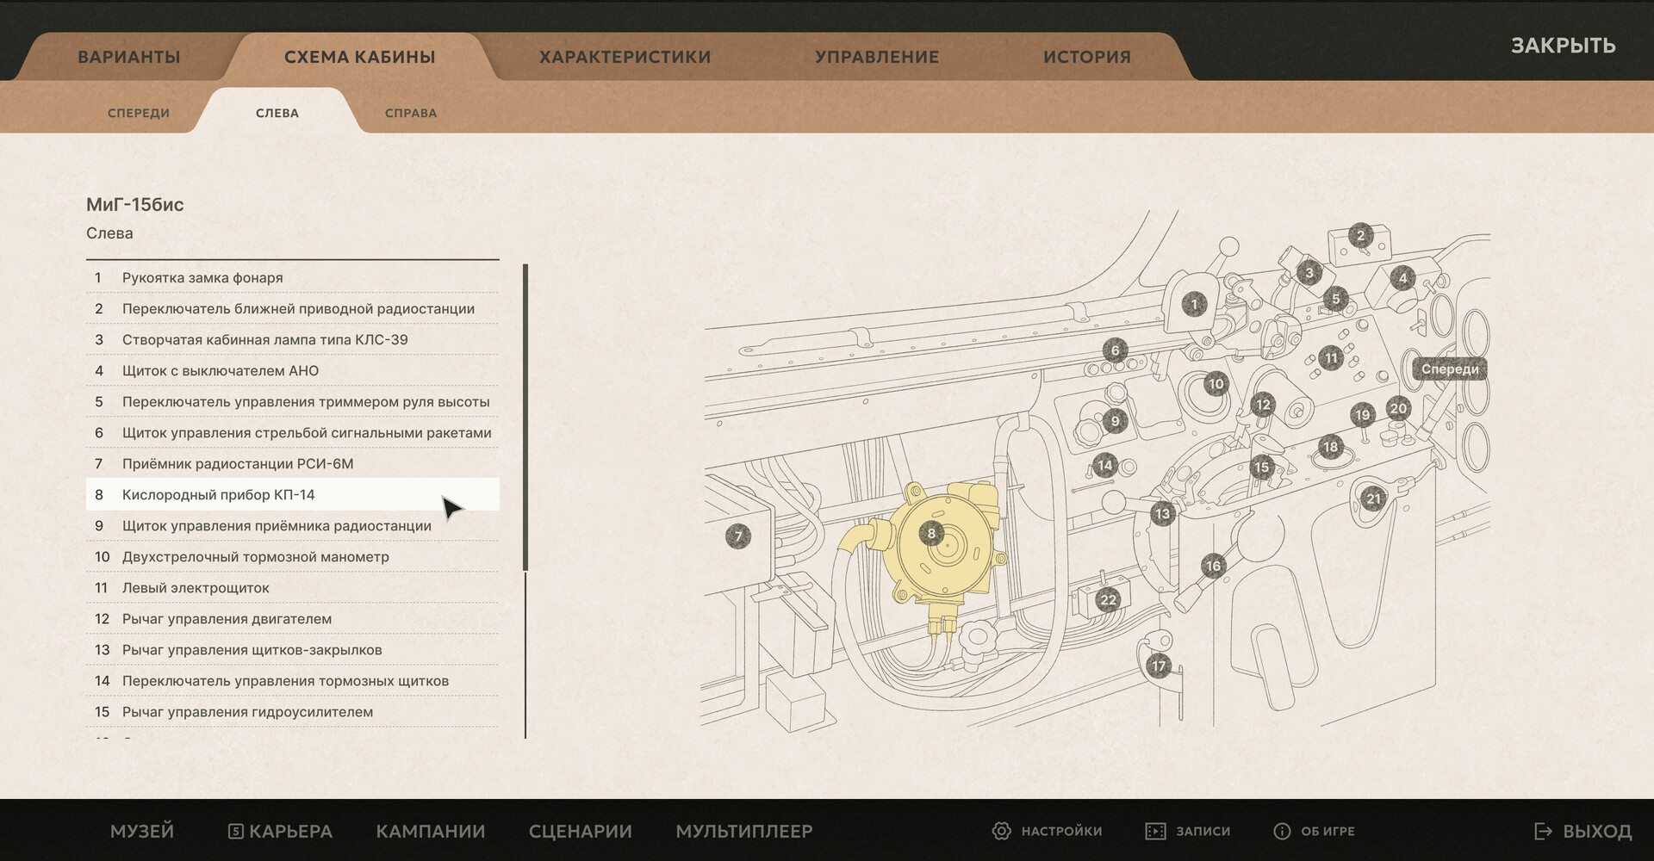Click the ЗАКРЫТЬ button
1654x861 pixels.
[1563, 46]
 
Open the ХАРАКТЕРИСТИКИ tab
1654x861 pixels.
[625, 57]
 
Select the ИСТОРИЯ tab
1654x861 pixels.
[1086, 57]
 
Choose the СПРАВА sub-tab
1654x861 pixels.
[411, 113]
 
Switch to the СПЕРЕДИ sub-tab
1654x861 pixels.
[139, 113]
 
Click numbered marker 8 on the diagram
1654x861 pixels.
[931, 533]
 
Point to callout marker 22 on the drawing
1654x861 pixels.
[1108, 600]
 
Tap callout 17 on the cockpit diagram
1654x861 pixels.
[1159, 666]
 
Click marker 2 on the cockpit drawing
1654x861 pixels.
[1361, 235]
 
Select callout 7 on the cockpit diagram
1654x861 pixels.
[738, 536]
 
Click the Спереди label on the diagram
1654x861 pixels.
[1450, 369]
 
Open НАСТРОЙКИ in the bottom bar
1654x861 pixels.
[1048, 831]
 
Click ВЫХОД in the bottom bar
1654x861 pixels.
[1583, 831]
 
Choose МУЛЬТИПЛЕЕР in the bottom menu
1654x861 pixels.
[744, 831]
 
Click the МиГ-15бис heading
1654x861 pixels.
[135, 205]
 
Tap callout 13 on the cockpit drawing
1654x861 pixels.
[1163, 514]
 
